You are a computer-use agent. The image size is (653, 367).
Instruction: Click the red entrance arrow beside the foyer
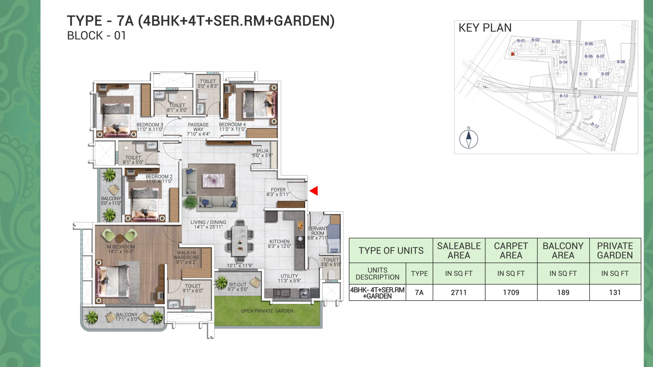(314, 191)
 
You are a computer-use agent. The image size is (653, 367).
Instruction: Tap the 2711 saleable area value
(459, 292)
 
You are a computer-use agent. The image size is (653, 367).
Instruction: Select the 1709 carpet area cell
(511, 292)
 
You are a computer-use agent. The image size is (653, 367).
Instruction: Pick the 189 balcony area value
(563, 292)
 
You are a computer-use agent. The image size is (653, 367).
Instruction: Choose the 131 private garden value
(615, 292)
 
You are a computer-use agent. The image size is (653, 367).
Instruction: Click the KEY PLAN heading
(485, 28)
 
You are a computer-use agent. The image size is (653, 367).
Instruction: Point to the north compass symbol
(469, 139)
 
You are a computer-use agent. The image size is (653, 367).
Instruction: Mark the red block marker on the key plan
(513, 54)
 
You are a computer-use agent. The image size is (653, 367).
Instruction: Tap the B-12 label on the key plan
(595, 125)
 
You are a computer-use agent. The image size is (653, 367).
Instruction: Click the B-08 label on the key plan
(621, 62)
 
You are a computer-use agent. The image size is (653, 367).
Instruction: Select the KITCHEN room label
(280, 241)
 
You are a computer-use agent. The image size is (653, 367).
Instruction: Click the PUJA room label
(262, 151)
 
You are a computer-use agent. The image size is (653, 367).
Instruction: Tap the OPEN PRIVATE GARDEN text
(267, 311)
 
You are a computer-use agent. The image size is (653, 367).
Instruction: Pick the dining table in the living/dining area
(240, 241)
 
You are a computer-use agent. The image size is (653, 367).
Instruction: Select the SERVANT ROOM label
(318, 231)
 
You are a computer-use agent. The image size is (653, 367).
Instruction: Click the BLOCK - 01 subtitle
(96, 36)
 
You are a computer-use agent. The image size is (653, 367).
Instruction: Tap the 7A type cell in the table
(419, 292)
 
